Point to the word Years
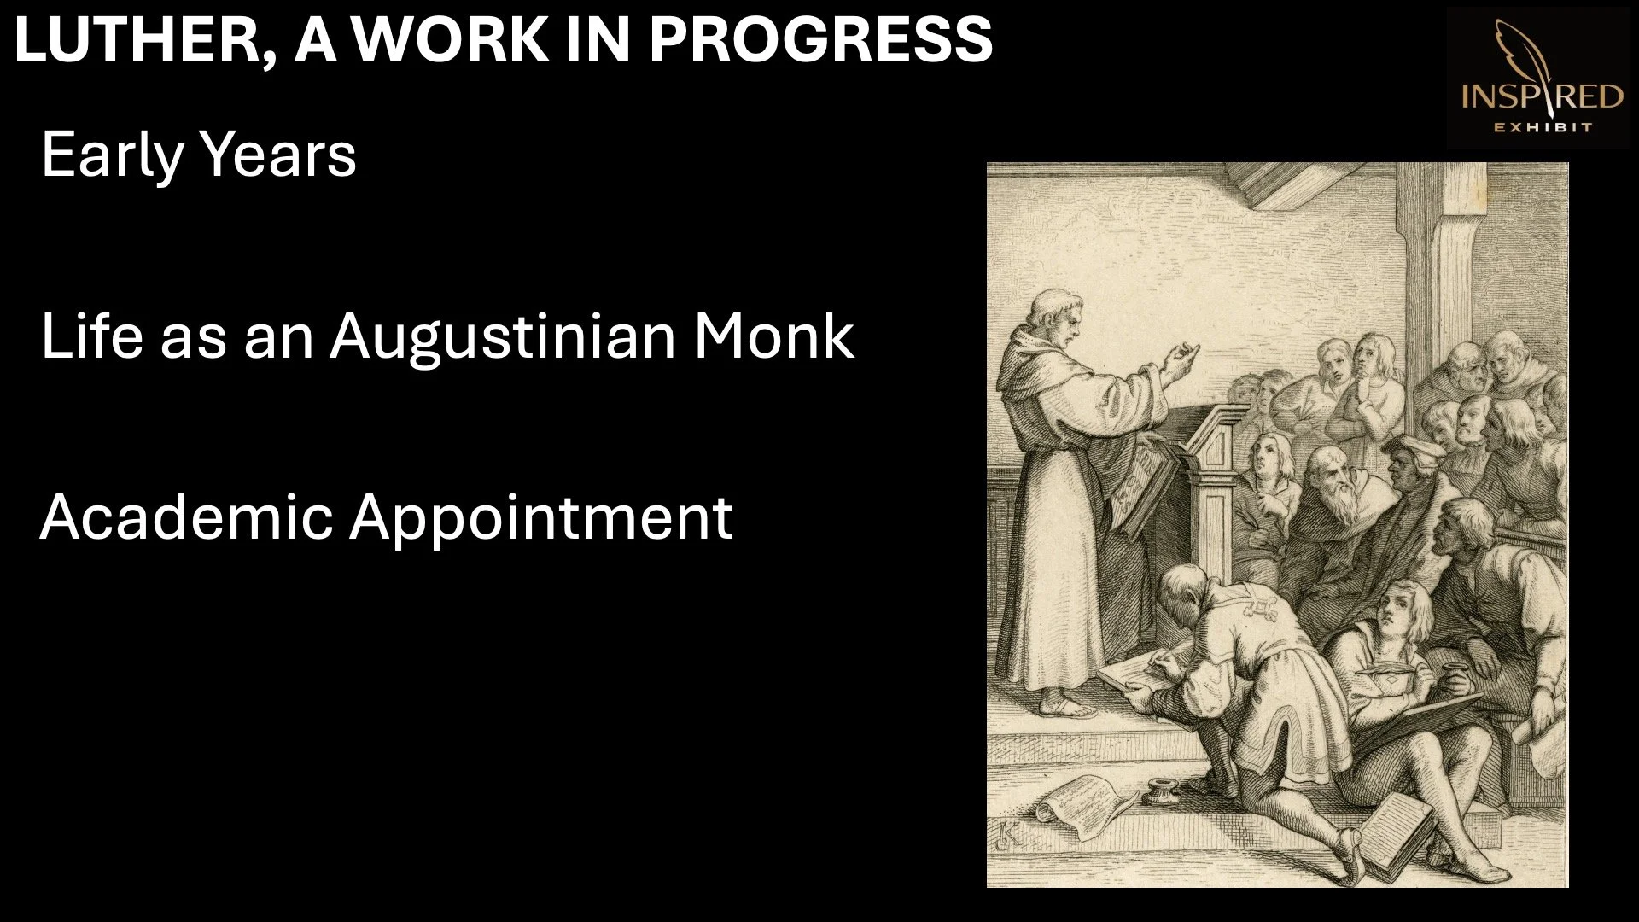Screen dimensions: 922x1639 [x=277, y=155]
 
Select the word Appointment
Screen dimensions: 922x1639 [x=541, y=517]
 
